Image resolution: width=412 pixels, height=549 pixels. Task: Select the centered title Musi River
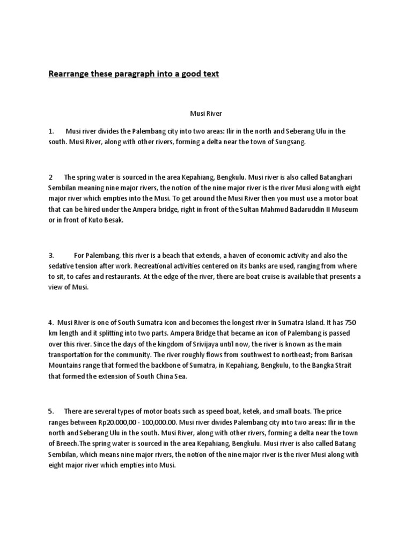pos(205,114)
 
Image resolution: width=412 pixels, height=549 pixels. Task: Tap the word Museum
pos(342,209)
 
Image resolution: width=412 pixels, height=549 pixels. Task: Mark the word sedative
pos(63,266)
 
